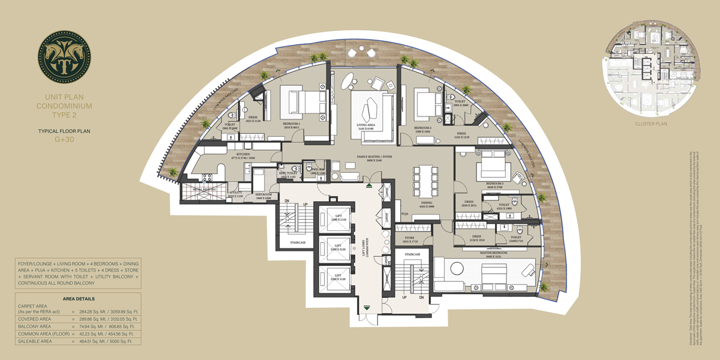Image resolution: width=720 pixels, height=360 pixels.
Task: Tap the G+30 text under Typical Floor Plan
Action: click(64, 139)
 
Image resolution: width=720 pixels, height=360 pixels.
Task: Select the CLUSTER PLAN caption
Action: click(651, 124)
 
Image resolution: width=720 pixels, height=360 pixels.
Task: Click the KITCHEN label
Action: click(243, 154)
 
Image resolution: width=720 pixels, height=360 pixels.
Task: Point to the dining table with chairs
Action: click(425, 181)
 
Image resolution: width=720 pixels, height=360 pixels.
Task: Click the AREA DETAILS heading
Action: click(79, 298)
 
